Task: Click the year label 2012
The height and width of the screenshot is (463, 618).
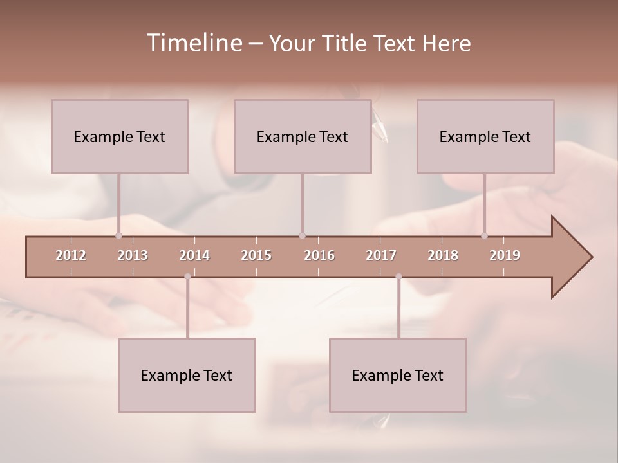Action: (71, 255)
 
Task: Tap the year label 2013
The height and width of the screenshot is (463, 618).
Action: (133, 255)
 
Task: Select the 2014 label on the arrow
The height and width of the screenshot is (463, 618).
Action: (194, 255)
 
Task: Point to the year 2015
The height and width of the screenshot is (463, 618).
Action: (256, 255)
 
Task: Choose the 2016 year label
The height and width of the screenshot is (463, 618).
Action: (319, 255)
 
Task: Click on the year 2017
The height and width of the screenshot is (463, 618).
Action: (381, 255)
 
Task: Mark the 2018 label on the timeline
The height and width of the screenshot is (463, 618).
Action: (443, 255)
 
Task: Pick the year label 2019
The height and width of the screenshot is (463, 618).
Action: (505, 255)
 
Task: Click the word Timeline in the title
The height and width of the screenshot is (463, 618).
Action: (193, 43)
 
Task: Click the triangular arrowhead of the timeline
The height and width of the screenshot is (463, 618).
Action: (570, 257)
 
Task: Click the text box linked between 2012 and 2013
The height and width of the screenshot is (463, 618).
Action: (120, 136)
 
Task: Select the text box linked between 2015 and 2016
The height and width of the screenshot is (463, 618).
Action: (303, 136)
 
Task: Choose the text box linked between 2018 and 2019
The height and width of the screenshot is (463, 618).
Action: (485, 136)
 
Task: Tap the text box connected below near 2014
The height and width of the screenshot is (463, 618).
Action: (187, 375)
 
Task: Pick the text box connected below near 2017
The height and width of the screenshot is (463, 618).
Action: (398, 375)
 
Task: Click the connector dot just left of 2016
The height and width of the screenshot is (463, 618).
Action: (302, 235)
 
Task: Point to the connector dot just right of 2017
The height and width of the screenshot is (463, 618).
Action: (398, 277)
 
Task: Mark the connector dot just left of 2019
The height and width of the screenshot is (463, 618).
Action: (485, 235)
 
